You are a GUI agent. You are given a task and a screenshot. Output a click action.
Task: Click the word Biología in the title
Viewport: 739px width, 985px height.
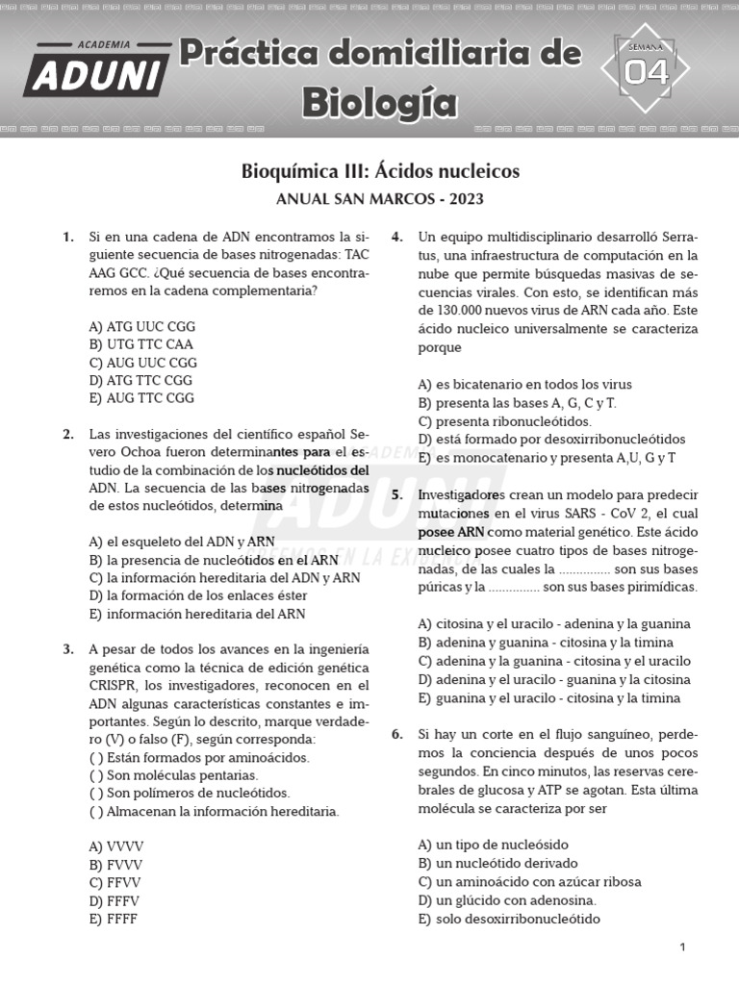point(380,100)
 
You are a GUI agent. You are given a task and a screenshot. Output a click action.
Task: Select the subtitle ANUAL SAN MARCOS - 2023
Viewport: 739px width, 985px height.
point(380,200)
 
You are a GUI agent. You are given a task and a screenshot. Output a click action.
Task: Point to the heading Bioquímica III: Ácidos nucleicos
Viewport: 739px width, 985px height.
point(380,171)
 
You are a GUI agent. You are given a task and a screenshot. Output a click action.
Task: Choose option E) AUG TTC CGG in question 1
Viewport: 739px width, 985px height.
point(141,397)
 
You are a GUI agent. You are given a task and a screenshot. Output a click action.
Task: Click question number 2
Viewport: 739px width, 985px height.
point(68,434)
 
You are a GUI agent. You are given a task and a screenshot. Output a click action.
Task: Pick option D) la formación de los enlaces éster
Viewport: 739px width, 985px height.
point(197,595)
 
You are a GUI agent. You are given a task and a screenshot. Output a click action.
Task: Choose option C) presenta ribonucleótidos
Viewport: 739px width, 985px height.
point(505,421)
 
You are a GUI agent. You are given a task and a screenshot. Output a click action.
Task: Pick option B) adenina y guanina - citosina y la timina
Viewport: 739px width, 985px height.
point(546,642)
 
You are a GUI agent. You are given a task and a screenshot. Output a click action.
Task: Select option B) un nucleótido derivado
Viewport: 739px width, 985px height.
point(498,863)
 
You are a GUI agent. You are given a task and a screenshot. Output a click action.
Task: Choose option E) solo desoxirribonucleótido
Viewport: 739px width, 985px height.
point(509,919)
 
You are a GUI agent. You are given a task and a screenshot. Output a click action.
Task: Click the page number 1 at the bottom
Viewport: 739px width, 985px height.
point(682,947)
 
